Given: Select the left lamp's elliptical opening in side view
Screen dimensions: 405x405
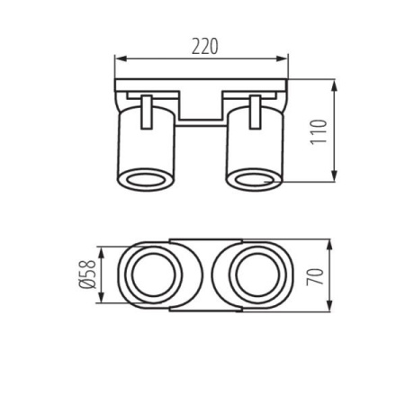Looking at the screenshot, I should coord(145,179).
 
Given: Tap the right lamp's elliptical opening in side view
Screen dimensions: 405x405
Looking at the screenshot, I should coord(255,179).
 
